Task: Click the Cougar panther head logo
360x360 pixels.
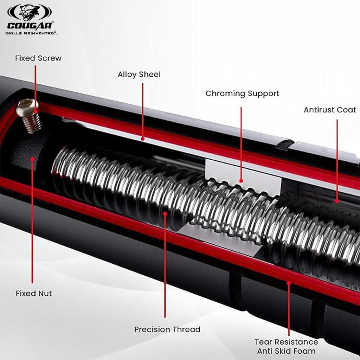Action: click(30, 12)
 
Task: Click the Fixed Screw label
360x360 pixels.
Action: click(38, 58)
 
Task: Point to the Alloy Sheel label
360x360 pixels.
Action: click(139, 75)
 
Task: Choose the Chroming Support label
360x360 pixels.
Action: click(242, 94)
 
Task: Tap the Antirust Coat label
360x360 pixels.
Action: click(330, 110)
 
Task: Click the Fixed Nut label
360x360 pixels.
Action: click(34, 293)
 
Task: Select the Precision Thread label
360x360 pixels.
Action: click(167, 329)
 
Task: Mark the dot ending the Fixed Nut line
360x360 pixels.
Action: click(32, 159)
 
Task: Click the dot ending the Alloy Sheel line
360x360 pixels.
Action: click(143, 139)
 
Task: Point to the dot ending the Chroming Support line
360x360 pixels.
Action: click(241, 181)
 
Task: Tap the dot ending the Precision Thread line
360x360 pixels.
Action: click(165, 213)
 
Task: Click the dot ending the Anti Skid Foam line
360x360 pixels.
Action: click(289, 282)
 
